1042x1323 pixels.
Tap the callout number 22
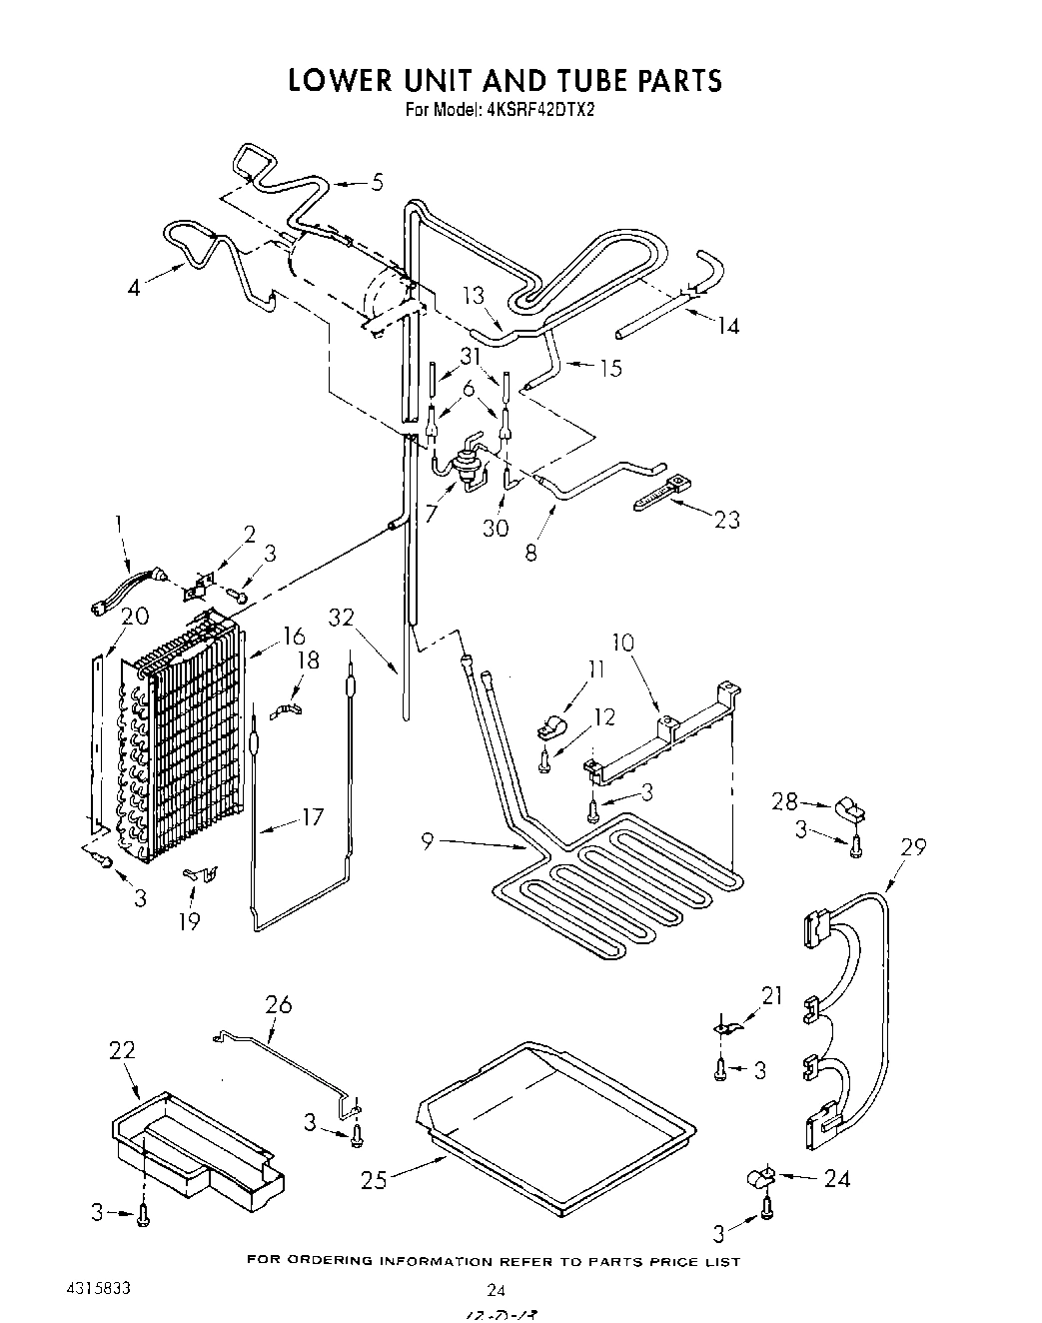[x=122, y=1050]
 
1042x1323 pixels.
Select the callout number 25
[x=374, y=1179]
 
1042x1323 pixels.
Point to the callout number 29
[x=913, y=846]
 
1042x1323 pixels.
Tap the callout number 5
[x=376, y=182]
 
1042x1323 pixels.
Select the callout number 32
[x=342, y=617]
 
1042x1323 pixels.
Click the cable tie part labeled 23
[x=661, y=494]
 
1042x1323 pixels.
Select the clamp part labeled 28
[x=849, y=807]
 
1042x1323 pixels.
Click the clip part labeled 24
[x=761, y=1180]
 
